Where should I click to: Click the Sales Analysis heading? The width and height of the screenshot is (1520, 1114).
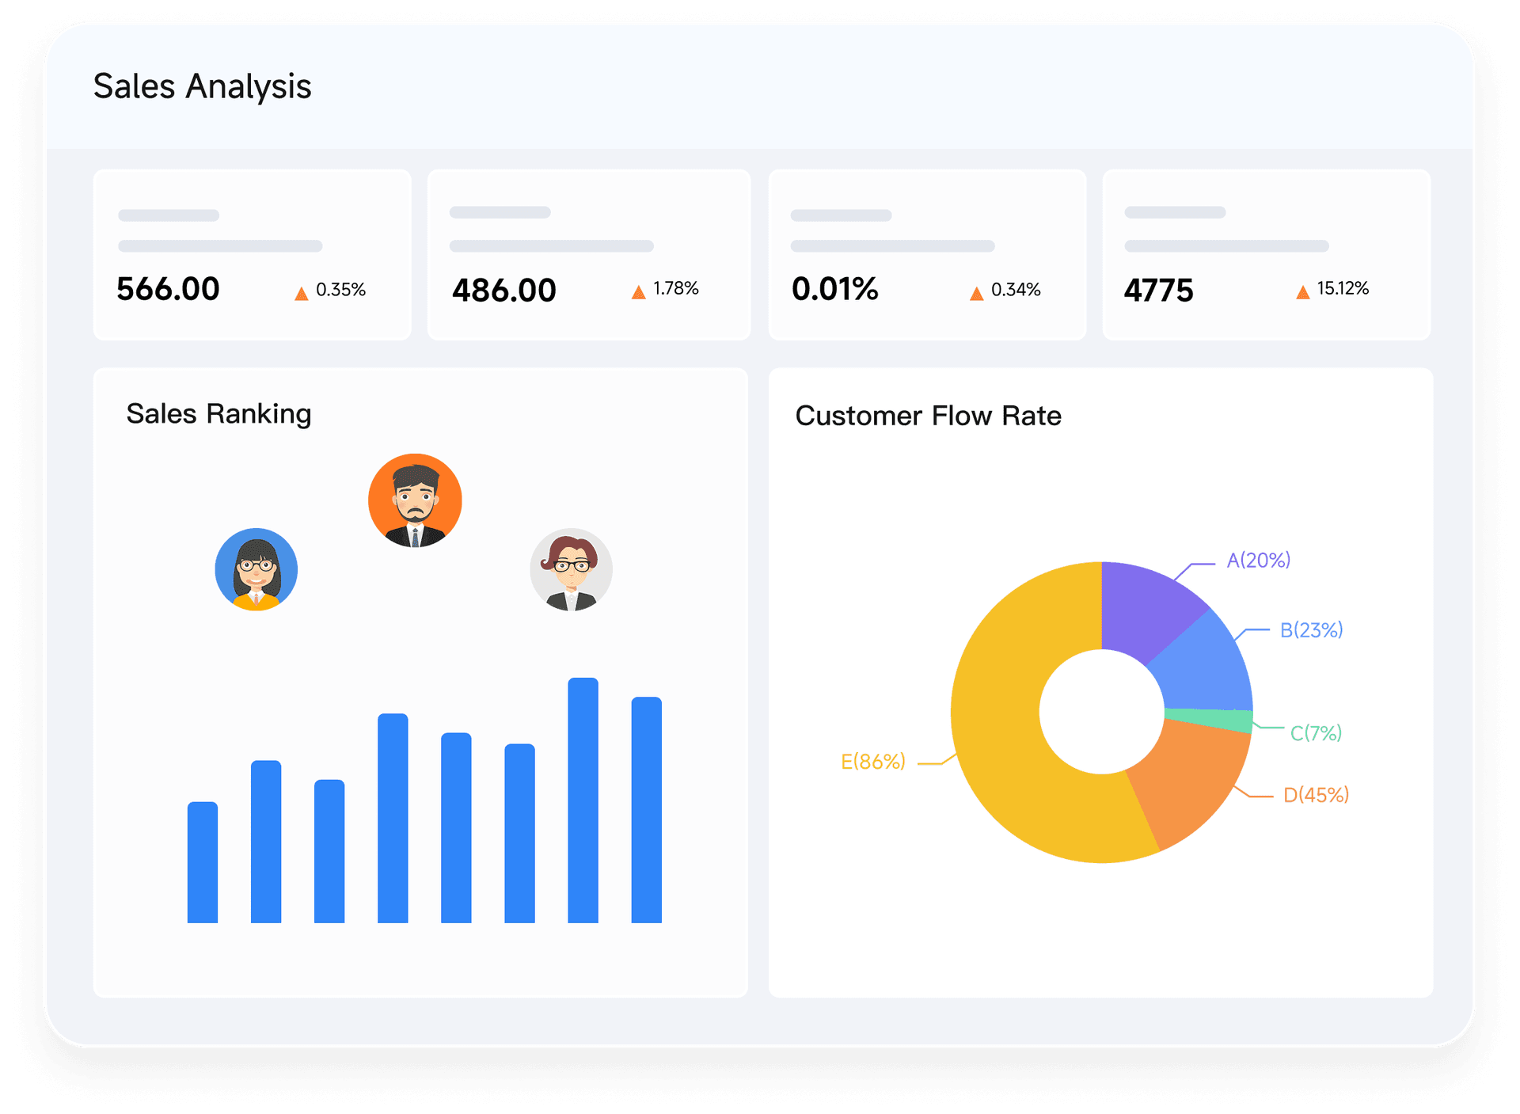[202, 86]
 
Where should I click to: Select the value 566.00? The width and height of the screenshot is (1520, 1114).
[168, 289]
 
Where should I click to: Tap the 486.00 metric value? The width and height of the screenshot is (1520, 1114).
[503, 291]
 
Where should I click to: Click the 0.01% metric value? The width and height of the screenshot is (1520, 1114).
[834, 289]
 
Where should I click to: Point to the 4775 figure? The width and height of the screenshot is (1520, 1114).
[1157, 291]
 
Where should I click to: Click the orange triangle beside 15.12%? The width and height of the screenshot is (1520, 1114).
[1302, 293]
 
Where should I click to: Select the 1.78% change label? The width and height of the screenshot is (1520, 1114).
[675, 288]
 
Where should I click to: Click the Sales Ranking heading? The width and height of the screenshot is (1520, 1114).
[218, 414]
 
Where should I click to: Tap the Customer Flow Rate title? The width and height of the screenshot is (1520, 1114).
[928, 416]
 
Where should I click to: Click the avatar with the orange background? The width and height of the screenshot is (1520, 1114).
[415, 500]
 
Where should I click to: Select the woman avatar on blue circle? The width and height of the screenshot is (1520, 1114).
[256, 569]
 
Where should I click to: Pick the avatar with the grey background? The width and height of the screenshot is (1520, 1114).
[571, 569]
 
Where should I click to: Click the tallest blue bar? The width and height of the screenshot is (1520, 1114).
[583, 800]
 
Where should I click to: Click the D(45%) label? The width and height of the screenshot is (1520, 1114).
[1316, 795]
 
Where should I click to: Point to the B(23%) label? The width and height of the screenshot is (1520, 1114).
[1311, 630]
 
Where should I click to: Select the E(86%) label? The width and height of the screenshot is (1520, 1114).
[872, 762]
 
